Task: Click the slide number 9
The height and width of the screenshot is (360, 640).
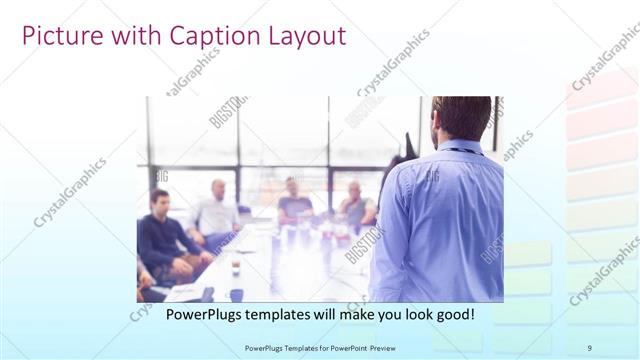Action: click(589, 347)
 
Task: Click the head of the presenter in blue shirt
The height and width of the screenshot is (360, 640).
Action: click(462, 117)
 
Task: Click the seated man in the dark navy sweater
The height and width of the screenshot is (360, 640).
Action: click(162, 235)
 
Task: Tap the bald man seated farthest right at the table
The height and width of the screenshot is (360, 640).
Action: click(356, 206)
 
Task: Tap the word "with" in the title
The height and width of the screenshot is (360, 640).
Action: click(125, 36)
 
